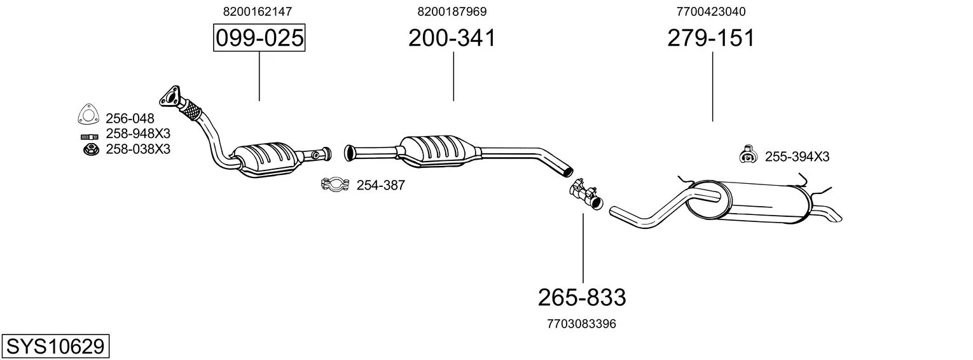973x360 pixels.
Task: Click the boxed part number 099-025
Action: [259, 38]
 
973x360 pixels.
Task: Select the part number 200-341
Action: [452, 38]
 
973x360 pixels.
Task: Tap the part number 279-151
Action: [711, 38]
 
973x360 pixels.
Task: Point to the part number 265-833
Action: [582, 298]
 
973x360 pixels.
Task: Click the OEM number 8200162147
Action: [258, 11]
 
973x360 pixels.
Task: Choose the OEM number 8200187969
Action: [452, 11]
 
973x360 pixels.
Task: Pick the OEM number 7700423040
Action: [711, 11]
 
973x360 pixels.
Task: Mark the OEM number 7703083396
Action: [582, 324]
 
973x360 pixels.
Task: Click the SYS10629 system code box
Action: [55, 347]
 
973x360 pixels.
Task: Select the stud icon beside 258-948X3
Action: [90, 137]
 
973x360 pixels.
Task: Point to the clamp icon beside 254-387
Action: [335, 184]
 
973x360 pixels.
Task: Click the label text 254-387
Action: [380, 186]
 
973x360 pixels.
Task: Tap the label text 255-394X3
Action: [797, 156]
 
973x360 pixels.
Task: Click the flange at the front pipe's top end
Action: [170, 97]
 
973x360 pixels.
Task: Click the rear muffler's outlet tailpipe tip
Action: [837, 218]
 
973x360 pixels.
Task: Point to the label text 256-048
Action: [130, 118]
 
